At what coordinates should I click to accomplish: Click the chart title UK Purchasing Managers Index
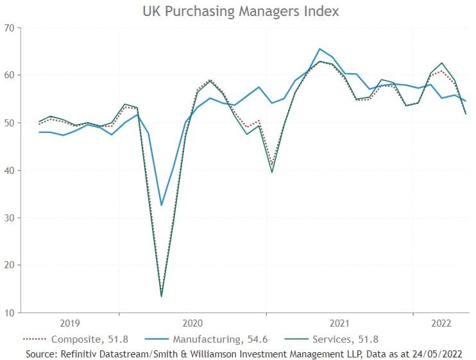tap(239, 12)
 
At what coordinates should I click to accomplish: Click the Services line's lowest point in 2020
tap(161, 296)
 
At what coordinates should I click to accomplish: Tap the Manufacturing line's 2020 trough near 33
tap(161, 205)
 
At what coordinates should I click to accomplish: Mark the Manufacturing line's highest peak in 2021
tap(319, 49)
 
